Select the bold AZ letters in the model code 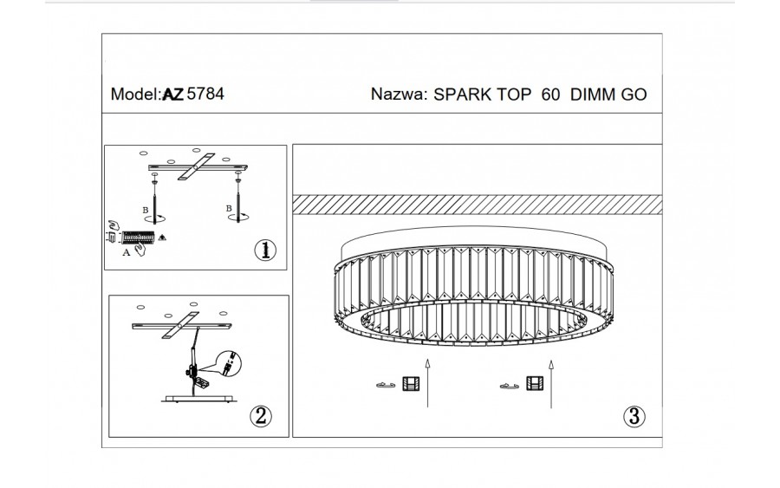pos(172,94)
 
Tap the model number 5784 pos(205,94)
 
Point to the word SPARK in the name pos(461,95)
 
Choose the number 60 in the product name pos(549,95)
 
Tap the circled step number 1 pos(265,250)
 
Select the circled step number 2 pos(262,416)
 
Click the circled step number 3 pos(634,416)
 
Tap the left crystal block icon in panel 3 pos(411,385)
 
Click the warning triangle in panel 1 pos(161,236)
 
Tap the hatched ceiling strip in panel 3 pos(477,204)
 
